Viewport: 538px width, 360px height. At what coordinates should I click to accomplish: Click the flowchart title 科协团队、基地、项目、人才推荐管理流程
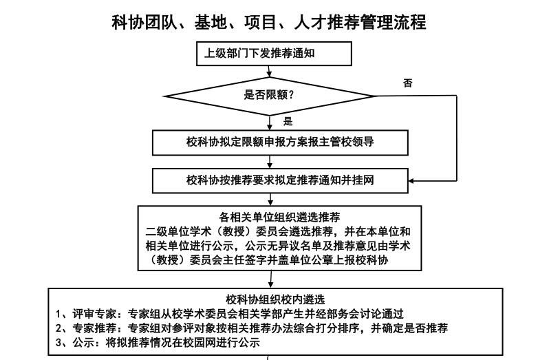pos(269,23)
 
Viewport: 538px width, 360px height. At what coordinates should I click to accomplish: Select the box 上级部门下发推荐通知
pos(274,54)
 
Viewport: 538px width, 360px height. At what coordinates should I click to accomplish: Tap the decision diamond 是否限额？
pos(269,96)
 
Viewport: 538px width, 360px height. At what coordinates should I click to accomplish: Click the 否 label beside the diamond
pos(407,83)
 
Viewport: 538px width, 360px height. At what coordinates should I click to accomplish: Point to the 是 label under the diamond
pos(288,121)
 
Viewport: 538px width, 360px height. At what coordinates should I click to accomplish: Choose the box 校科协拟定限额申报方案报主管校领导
pos(280,142)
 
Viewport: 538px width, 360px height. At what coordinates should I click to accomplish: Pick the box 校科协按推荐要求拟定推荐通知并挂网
pos(280,180)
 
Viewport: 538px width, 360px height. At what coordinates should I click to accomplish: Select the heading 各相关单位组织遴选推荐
pos(279,218)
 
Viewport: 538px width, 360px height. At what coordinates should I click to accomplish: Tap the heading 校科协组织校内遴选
pos(275,299)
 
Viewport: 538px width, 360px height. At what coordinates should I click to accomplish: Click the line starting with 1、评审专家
pos(230,314)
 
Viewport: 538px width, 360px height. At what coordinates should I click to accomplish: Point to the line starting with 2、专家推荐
pos(252,328)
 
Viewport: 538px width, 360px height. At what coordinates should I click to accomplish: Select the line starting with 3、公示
pos(158,343)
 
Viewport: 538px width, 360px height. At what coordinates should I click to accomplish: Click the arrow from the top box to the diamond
pos(269,72)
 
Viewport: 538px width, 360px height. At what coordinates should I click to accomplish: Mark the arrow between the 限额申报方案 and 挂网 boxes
pos(270,162)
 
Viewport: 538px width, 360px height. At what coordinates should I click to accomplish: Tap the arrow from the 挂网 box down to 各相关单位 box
pos(270,200)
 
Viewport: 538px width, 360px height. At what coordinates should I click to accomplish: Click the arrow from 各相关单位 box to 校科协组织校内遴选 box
pos(271,279)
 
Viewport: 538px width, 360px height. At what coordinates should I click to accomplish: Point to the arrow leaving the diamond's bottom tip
pos(270,123)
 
